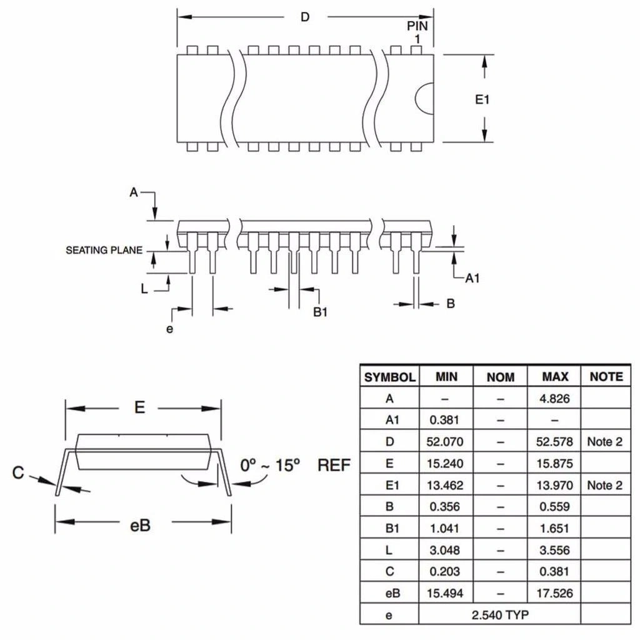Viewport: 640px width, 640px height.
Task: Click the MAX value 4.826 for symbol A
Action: coord(555,398)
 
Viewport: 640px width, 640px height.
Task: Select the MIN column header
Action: coord(446,376)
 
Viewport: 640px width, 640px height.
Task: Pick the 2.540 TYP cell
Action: coord(499,614)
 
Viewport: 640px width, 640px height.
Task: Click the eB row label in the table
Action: coord(390,593)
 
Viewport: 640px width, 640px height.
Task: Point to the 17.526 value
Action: coord(555,593)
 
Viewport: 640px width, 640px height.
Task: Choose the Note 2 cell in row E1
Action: coord(604,485)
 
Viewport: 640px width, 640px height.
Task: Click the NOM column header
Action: coord(501,376)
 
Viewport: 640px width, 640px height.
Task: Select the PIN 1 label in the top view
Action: coord(417,32)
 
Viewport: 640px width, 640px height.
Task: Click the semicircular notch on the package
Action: coord(426,99)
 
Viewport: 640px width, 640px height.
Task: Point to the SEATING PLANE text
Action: coord(104,251)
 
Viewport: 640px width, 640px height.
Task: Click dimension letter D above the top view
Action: coord(305,17)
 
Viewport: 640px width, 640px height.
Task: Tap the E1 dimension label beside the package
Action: coord(482,99)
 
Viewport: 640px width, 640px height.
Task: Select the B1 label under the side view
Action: coord(321,312)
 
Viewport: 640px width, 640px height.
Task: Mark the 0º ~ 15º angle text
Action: coord(271,465)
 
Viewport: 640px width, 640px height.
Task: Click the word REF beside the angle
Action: coord(334,465)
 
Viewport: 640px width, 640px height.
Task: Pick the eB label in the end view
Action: coord(140,524)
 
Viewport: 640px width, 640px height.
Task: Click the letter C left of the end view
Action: coord(18,473)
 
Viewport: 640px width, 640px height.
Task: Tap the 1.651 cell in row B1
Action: coord(555,528)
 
